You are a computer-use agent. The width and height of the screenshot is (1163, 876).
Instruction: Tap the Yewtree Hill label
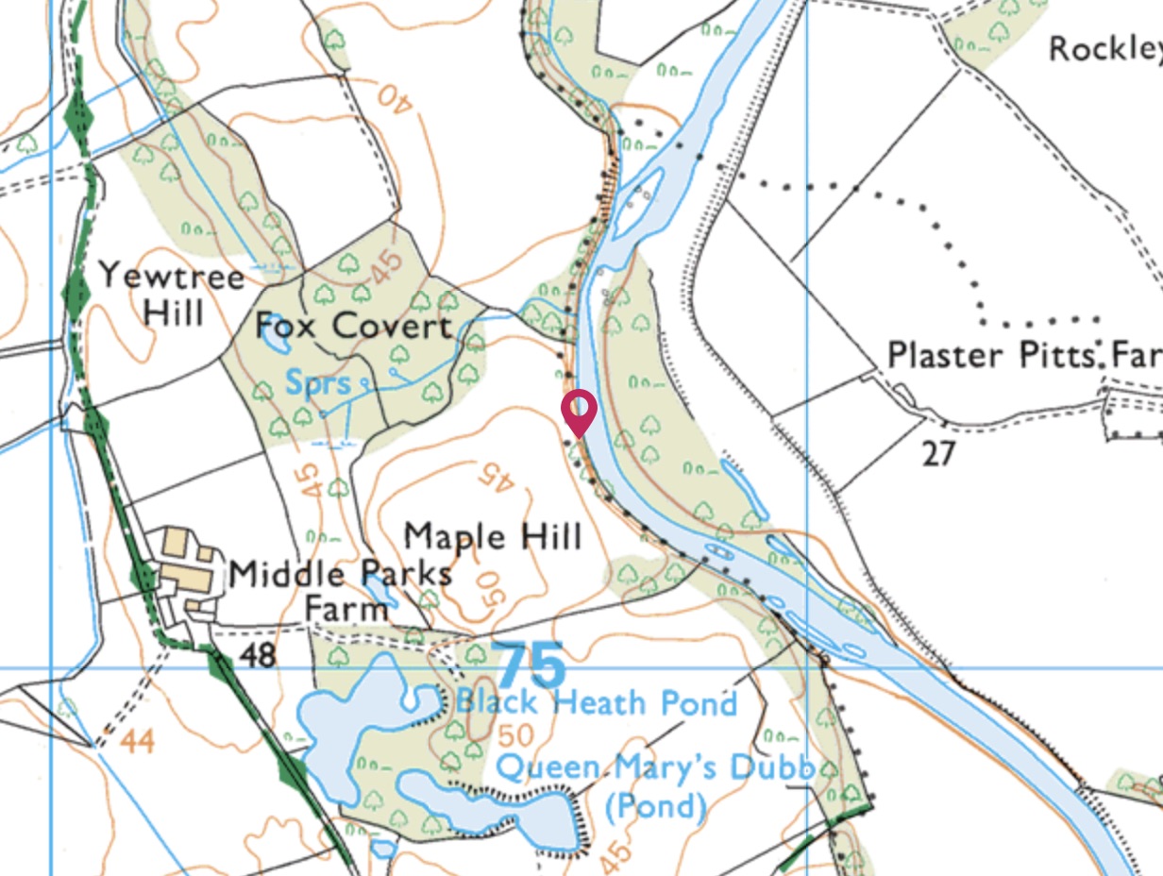coord(172,293)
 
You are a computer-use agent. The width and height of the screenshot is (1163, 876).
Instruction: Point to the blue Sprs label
coord(317,384)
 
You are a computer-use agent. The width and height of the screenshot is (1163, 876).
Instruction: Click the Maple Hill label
coord(493,536)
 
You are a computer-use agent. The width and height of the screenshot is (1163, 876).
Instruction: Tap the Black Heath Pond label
coord(596,703)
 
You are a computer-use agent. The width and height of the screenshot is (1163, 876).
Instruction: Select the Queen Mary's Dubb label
coord(654,767)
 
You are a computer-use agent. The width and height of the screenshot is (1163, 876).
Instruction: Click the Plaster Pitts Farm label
coord(1024,355)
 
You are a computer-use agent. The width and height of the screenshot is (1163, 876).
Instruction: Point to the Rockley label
coord(1105,48)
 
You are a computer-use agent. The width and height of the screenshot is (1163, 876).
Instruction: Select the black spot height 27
coord(939,454)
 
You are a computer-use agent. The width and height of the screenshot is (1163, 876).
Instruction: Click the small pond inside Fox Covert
coord(275,332)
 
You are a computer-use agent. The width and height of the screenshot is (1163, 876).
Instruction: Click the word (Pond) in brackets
coord(654,807)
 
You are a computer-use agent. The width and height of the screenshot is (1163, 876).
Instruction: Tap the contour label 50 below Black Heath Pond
coord(511,733)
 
